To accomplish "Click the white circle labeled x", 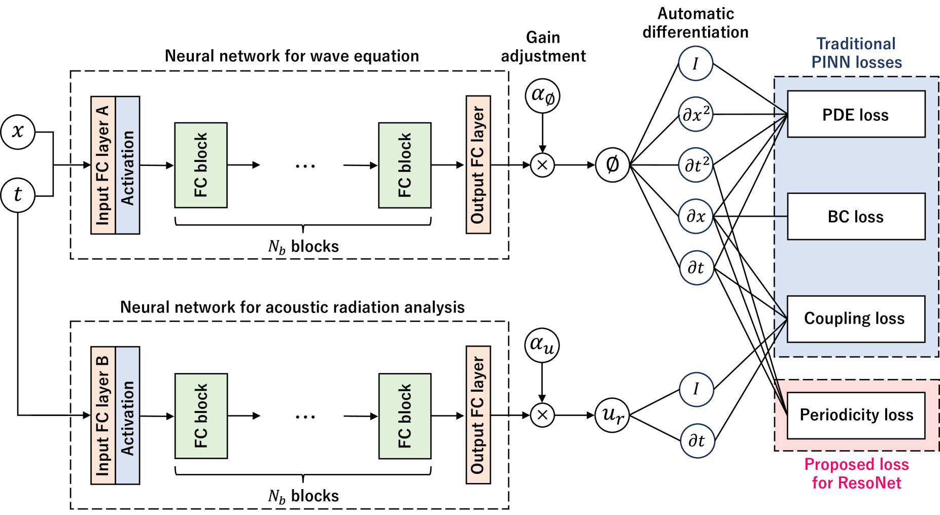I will (x=18, y=132).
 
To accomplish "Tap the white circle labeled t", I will (x=18, y=195).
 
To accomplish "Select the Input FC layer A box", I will (x=103, y=165).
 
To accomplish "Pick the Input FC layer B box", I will (x=103, y=416).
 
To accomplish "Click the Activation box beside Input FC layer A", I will (x=127, y=165).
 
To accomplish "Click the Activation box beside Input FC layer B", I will (x=127, y=416).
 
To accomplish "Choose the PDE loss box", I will (x=856, y=115).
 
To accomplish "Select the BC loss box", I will (x=856, y=217).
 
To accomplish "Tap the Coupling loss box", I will (x=856, y=319).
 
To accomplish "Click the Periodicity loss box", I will (x=856, y=415).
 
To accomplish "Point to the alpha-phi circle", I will (x=542, y=95).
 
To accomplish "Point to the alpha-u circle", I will (x=542, y=345).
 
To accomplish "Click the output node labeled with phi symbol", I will (x=612, y=165).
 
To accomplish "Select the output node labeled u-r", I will (x=612, y=415).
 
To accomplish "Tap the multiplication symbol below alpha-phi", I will (x=542, y=165).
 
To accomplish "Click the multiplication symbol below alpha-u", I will (x=542, y=415).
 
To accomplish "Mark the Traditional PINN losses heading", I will (x=856, y=53).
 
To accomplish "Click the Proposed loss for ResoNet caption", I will (x=856, y=473).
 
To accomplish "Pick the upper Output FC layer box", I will (x=478, y=165).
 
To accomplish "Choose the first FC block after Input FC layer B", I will (x=201, y=416).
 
